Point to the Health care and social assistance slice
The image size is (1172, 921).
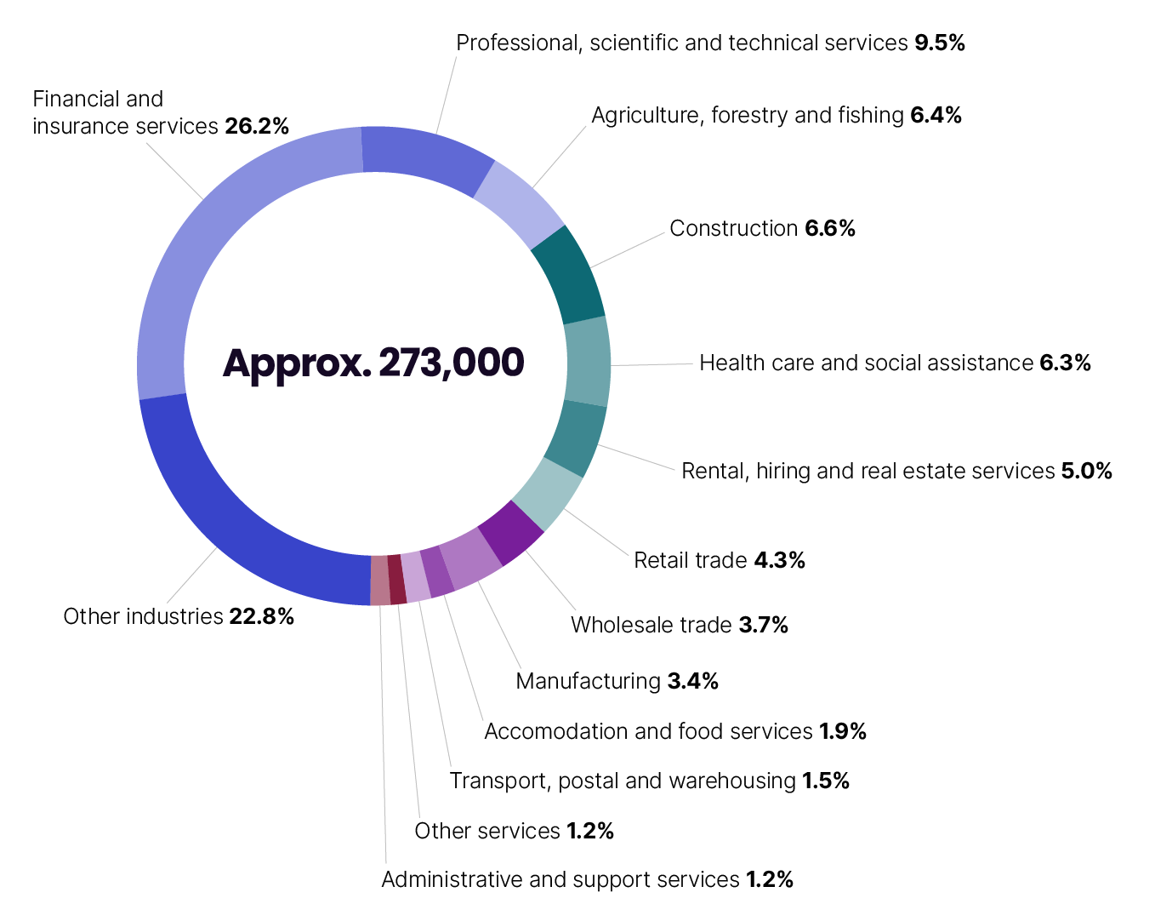click(588, 362)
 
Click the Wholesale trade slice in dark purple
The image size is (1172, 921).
click(511, 533)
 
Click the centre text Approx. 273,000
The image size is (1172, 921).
click(373, 363)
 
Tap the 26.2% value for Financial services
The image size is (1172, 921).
click(257, 127)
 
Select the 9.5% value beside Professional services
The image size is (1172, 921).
click(940, 43)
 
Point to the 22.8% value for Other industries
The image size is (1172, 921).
click(262, 617)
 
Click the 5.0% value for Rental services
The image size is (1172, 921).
click(1087, 472)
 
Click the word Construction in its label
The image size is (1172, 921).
click(733, 229)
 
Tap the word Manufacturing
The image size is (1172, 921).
click(588, 682)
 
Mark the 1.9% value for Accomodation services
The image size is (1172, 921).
click(843, 732)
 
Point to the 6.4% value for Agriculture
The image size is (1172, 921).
click(936, 116)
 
